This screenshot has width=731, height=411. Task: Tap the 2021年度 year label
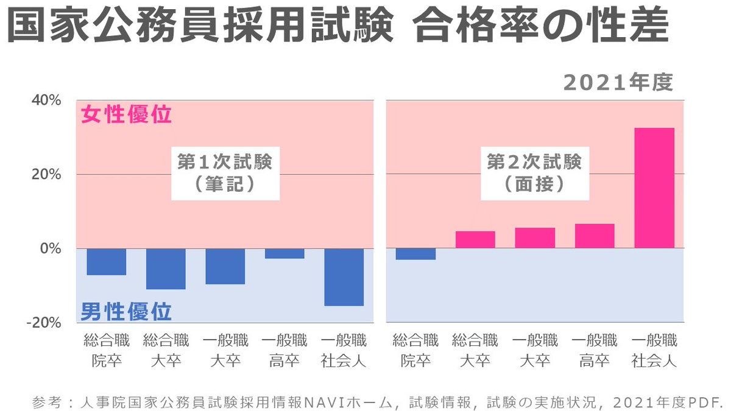[619, 83]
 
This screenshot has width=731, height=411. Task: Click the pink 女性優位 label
[127, 115]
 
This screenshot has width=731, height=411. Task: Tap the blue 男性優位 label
[127, 312]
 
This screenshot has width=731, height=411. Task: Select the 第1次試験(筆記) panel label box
[224, 173]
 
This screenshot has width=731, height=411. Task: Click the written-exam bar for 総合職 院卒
[106, 262]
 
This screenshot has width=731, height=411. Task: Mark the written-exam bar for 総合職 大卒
[166, 269]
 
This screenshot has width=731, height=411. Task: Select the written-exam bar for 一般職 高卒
[284, 253]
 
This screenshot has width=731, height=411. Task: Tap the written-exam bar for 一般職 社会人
[344, 277]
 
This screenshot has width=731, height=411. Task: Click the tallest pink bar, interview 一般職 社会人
[654, 188]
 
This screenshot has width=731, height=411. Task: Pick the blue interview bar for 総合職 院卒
[415, 254]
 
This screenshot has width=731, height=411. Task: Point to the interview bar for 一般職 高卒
[595, 236]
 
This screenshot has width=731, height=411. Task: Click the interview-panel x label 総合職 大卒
[475, 350]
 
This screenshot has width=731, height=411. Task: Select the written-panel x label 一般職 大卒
[225, 350]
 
